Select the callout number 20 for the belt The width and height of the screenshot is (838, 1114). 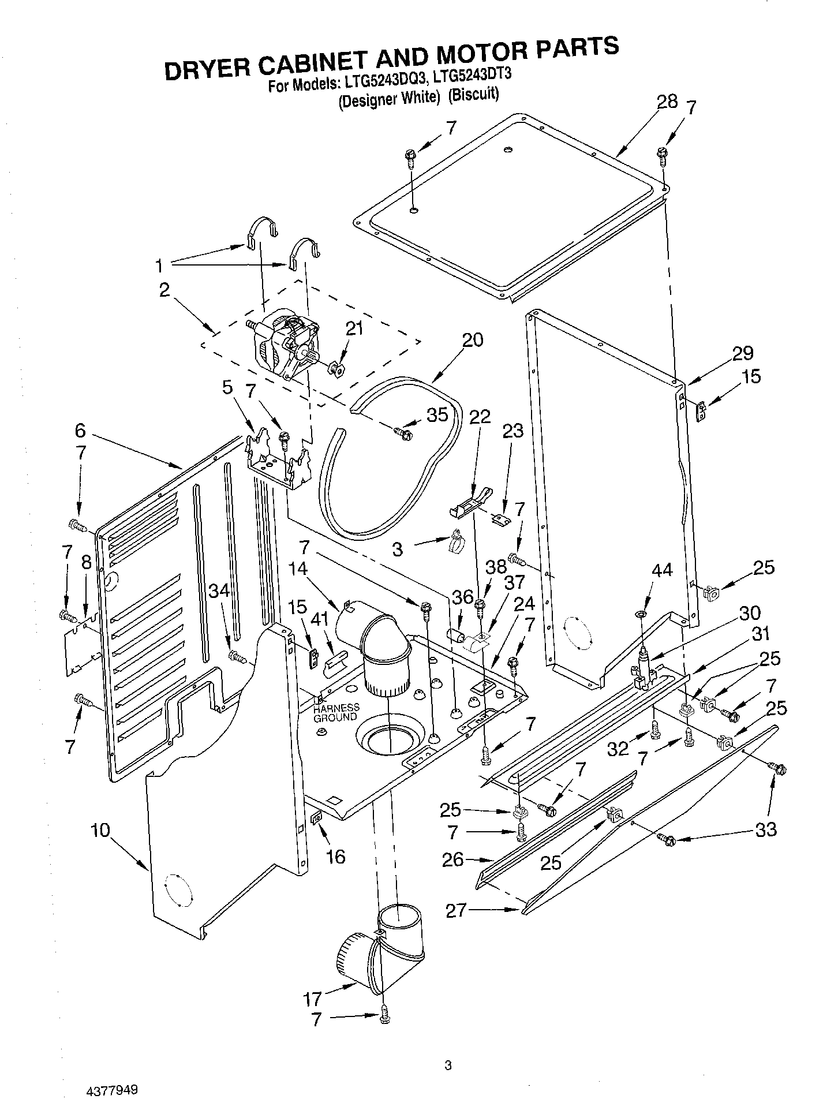472,340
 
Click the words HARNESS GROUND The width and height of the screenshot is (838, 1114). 336,712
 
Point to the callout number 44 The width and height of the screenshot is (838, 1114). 661,570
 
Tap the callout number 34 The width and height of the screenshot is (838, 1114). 219,590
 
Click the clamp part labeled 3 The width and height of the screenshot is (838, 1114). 454,540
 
